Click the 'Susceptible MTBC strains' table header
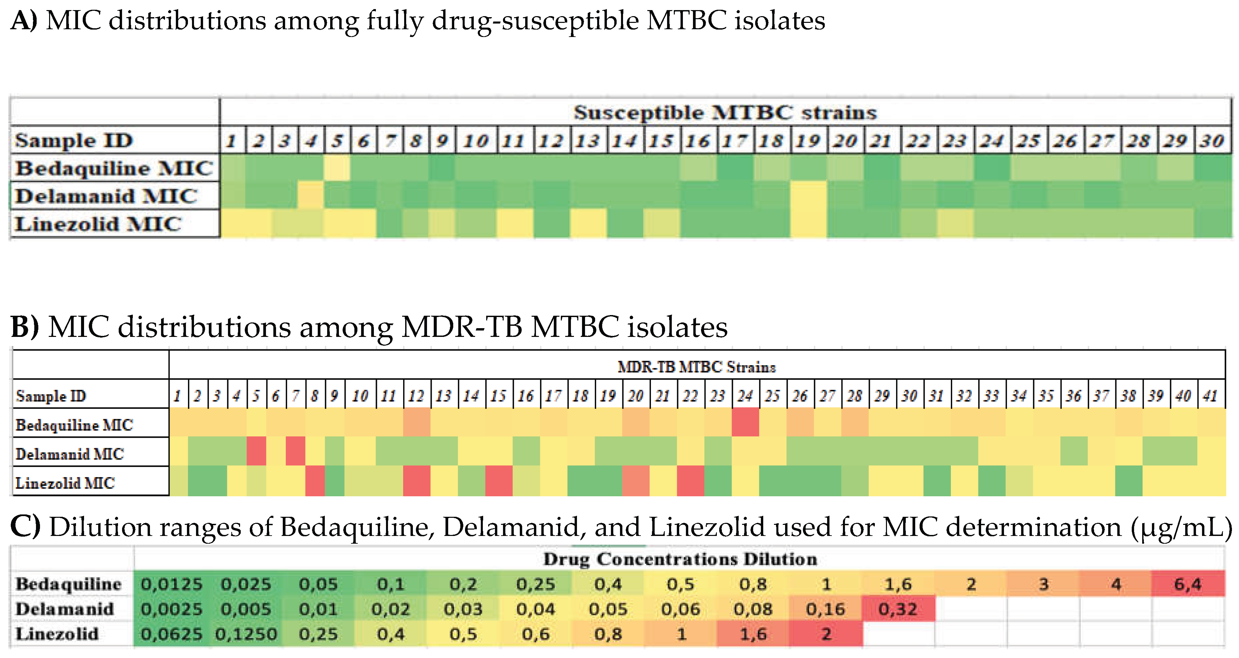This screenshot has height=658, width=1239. coord(725,113)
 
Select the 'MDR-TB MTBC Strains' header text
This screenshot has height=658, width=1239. coord(696,367)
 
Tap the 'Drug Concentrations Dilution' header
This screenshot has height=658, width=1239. coord(680,559)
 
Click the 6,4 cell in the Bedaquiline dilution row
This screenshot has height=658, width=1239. coord(1188,584)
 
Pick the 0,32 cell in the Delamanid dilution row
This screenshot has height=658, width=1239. coord(898,609)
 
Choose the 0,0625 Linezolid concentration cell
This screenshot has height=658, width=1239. coord(172,634)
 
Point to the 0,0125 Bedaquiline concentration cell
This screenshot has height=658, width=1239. coord(172,584)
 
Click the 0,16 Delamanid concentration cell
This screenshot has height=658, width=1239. coord(825,609)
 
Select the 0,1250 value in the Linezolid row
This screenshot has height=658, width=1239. coord(246,634)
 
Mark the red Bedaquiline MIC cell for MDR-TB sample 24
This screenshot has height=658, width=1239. coord(745,422)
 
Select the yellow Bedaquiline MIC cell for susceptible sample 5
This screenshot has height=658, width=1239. coord(337,168)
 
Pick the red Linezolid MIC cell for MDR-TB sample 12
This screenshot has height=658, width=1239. coord(417,480)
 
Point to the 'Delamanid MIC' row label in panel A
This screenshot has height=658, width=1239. coord(106,196)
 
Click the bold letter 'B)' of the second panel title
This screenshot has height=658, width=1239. coord(25,327)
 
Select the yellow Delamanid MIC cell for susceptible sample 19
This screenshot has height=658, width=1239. coord(809,195)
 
